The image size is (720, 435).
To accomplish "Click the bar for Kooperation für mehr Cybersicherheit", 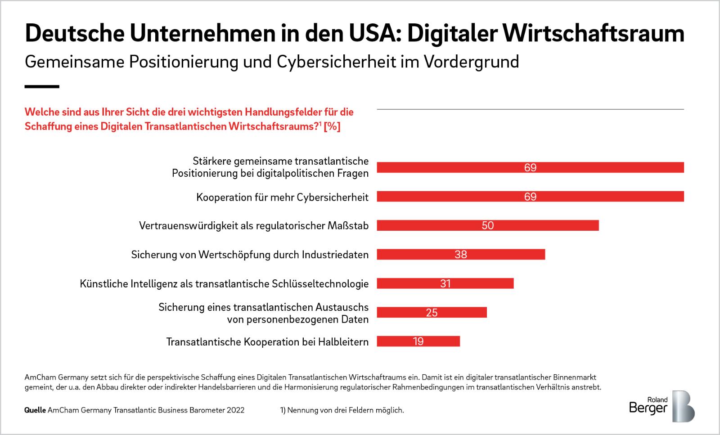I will (530, 197).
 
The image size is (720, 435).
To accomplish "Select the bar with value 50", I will (488, 225).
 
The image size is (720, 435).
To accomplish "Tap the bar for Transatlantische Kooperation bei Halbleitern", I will (418, 341).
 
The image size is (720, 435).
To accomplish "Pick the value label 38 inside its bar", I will (461, 255).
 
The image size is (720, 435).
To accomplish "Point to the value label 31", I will (445, 284).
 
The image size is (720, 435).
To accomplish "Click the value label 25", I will (432, 313).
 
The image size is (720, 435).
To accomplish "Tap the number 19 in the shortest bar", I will (418, 341).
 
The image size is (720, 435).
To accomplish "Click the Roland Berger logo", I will (661, 406).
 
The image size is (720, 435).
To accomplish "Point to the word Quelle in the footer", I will (35, 410).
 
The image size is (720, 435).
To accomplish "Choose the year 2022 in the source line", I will (235, 410).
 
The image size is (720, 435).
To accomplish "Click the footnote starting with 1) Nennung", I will (342, 410).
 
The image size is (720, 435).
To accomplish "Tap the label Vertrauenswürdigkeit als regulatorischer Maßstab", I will (254, 226).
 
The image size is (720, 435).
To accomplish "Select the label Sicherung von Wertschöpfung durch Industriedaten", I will (250, 255).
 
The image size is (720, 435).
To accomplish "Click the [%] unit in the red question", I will (332, 126).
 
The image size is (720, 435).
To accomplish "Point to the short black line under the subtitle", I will (42, 86).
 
